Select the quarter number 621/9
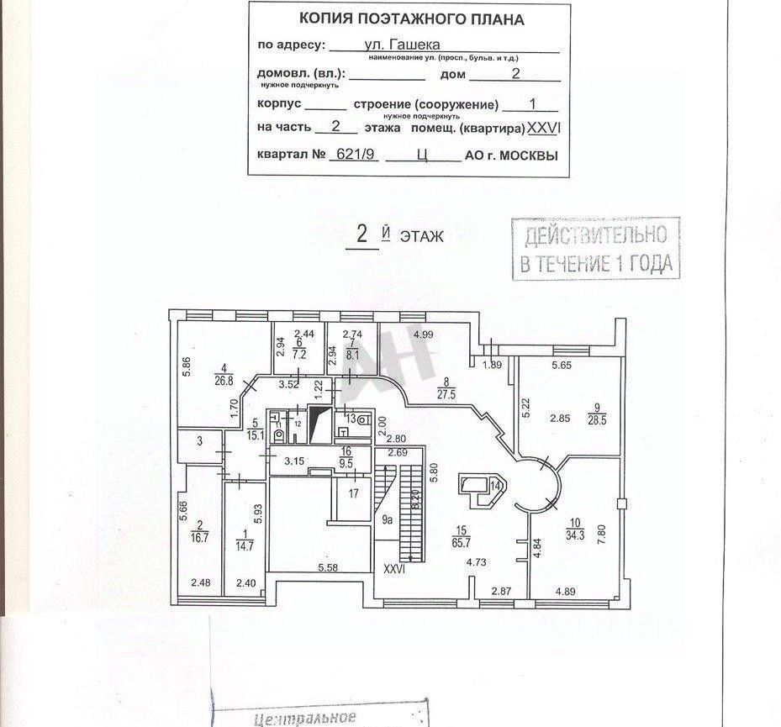point(355,155)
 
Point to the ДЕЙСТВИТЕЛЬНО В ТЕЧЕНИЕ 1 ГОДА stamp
point(595,249)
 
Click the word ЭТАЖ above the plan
point(421,237)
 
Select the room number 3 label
point(200,441)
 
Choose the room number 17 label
point(354,493)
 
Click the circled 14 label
point(496,485)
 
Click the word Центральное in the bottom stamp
point(305,719)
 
